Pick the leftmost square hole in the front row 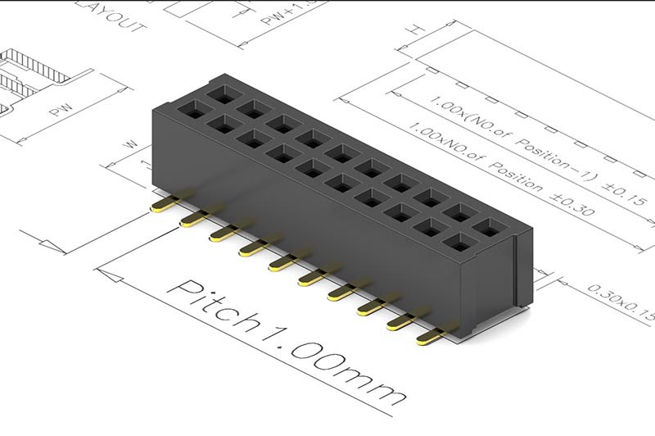(x=194, y=109)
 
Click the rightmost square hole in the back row (x=489, y=228)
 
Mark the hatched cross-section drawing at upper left (x=33, y=74)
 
